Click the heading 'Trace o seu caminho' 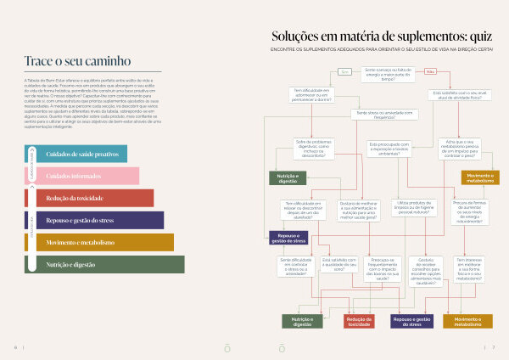77,61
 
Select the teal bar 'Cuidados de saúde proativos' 81,154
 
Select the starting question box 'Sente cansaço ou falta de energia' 388,74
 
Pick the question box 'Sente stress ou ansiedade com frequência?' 384,113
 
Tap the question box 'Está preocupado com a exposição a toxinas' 389,148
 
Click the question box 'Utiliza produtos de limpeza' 415,207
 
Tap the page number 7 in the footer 493,347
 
